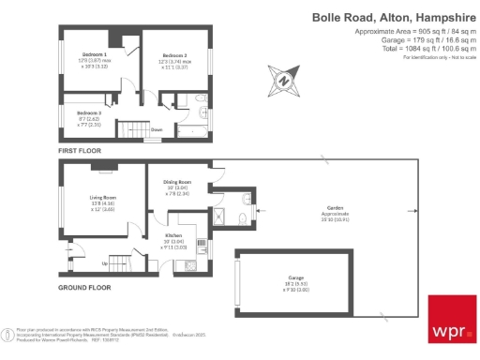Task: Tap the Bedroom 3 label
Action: (90, 112)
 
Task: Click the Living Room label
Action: (103, 198)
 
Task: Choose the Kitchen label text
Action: (173, 235)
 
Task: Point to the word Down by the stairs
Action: (157, 129)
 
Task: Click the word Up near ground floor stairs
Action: (104, 262)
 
